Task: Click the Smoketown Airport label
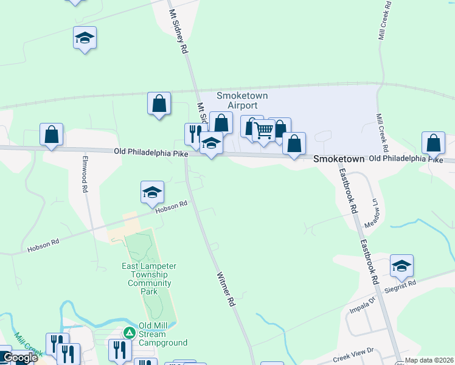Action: pyautogui.click(x=242, y=100)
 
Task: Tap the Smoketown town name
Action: pyautogui.click(x=338, y=159)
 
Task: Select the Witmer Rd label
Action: pyautogui.click(x=225, y=288)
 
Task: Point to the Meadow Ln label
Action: pyautogui.click(x=375, y=212)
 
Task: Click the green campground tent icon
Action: pyautogui.click(x=129, y=332)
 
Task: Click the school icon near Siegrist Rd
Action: pyautogui.click(x=401, y=266)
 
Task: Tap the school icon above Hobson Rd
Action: pyautogui.click(x=152, y=193)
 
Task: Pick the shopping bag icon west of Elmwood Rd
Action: pyautogui.click(x=52, y=134)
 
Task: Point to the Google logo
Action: pyautogui.click(x=20, y=358)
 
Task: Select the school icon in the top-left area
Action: pyautogui.click(x=85, y=38)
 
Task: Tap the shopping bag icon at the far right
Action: pyautogui.click(x=433, y=144)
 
